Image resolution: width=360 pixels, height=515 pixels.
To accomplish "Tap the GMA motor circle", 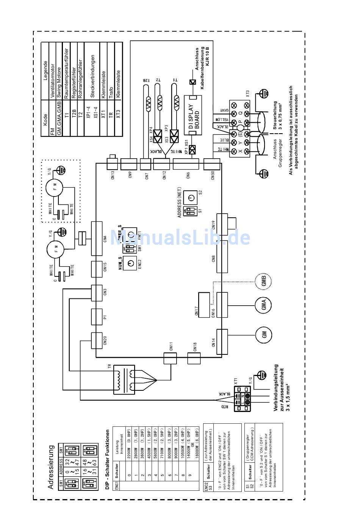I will pyautogui.click(x=264, y=306).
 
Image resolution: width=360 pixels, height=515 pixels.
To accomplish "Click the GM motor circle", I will pyautogui.click(x=264, y=334).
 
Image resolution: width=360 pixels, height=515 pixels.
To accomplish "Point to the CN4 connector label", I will pyautogui.click(x=105, y=239).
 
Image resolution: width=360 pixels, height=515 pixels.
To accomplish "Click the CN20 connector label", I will pyautogui.click(x=105, y=340).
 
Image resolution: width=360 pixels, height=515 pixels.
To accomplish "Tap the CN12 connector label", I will pyautogui.click(x=164, y=175).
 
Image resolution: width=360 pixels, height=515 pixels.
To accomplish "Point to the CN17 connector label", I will pyautogui.click(x=197, y=311).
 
